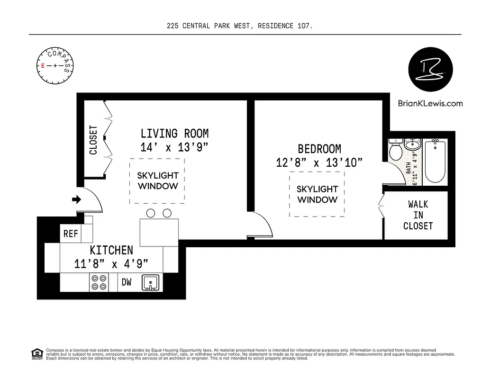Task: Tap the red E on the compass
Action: [x=43, y=66]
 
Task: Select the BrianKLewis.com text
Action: [x=430, y=103]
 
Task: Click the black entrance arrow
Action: [x=76, y=199]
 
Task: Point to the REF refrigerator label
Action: [x=71, y=234]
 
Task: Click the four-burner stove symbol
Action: [x=99, y=283]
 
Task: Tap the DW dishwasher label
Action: [x=127, y=282]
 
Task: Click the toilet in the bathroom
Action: [x=395, y=150]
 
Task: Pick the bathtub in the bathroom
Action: [x=436, y=162]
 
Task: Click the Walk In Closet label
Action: [x=418, y=215]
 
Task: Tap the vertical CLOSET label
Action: [x=93, y=140]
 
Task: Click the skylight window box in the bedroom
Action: [x=317, y=194]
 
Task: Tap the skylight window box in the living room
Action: [x=158, y=181]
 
